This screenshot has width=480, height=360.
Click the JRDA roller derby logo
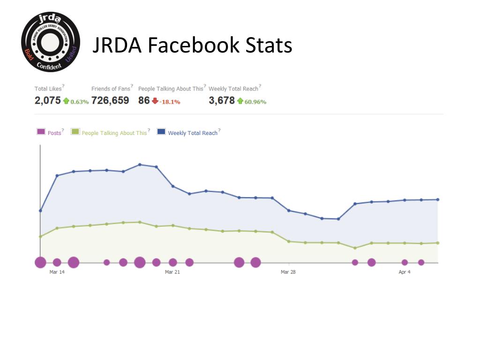[51, 42]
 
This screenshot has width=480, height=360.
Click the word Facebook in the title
[194, 45]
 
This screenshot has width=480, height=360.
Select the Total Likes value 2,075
[47, 100]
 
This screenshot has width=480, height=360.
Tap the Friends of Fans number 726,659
[110, 100]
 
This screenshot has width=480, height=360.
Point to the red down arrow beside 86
[155, 101]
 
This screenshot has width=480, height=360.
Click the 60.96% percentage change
[255, 102]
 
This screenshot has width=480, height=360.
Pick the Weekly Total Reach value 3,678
[222, 100]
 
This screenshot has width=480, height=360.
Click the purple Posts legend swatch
[41, 132]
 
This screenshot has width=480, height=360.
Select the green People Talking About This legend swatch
[75, 132]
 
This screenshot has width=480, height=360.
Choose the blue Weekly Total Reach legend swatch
[161, 132]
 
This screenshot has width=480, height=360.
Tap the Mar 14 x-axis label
[57, 272]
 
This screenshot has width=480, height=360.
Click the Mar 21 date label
[172, 272]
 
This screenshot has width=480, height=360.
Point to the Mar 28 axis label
[288, 272]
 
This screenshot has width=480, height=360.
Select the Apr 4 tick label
[405, 272]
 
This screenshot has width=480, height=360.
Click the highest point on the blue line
[140, 165]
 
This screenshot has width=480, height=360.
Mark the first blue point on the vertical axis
[40, 210]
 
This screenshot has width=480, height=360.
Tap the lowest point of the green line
[355, 248]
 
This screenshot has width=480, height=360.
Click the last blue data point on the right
[438, 200]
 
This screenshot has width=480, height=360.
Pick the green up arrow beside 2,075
[66, 101]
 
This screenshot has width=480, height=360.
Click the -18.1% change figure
[170, 102]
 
